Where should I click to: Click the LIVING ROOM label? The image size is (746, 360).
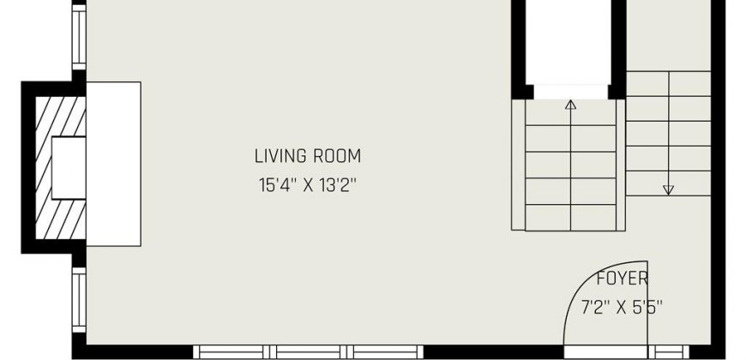307,156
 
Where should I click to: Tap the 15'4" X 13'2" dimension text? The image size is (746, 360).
307,184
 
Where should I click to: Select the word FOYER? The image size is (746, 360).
623,279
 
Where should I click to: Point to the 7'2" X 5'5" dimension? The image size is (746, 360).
622,307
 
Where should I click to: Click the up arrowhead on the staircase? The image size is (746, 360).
570,105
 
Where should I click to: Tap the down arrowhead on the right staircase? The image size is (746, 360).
669,190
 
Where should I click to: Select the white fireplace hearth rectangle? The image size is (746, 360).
113,164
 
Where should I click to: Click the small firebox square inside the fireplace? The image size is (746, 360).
69,168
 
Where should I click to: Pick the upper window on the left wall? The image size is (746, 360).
79,37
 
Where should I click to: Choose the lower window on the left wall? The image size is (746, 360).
79,300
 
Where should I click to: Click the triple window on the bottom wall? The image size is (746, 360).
308,352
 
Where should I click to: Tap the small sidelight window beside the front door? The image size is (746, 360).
669,352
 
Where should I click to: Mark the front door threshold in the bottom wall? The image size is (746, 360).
605,352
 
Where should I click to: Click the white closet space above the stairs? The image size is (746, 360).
568,43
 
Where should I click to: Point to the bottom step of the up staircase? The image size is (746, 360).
570,218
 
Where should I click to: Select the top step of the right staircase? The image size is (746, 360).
669,84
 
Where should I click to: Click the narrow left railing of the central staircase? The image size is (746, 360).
518,165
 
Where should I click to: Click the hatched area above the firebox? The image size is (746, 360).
61,117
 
